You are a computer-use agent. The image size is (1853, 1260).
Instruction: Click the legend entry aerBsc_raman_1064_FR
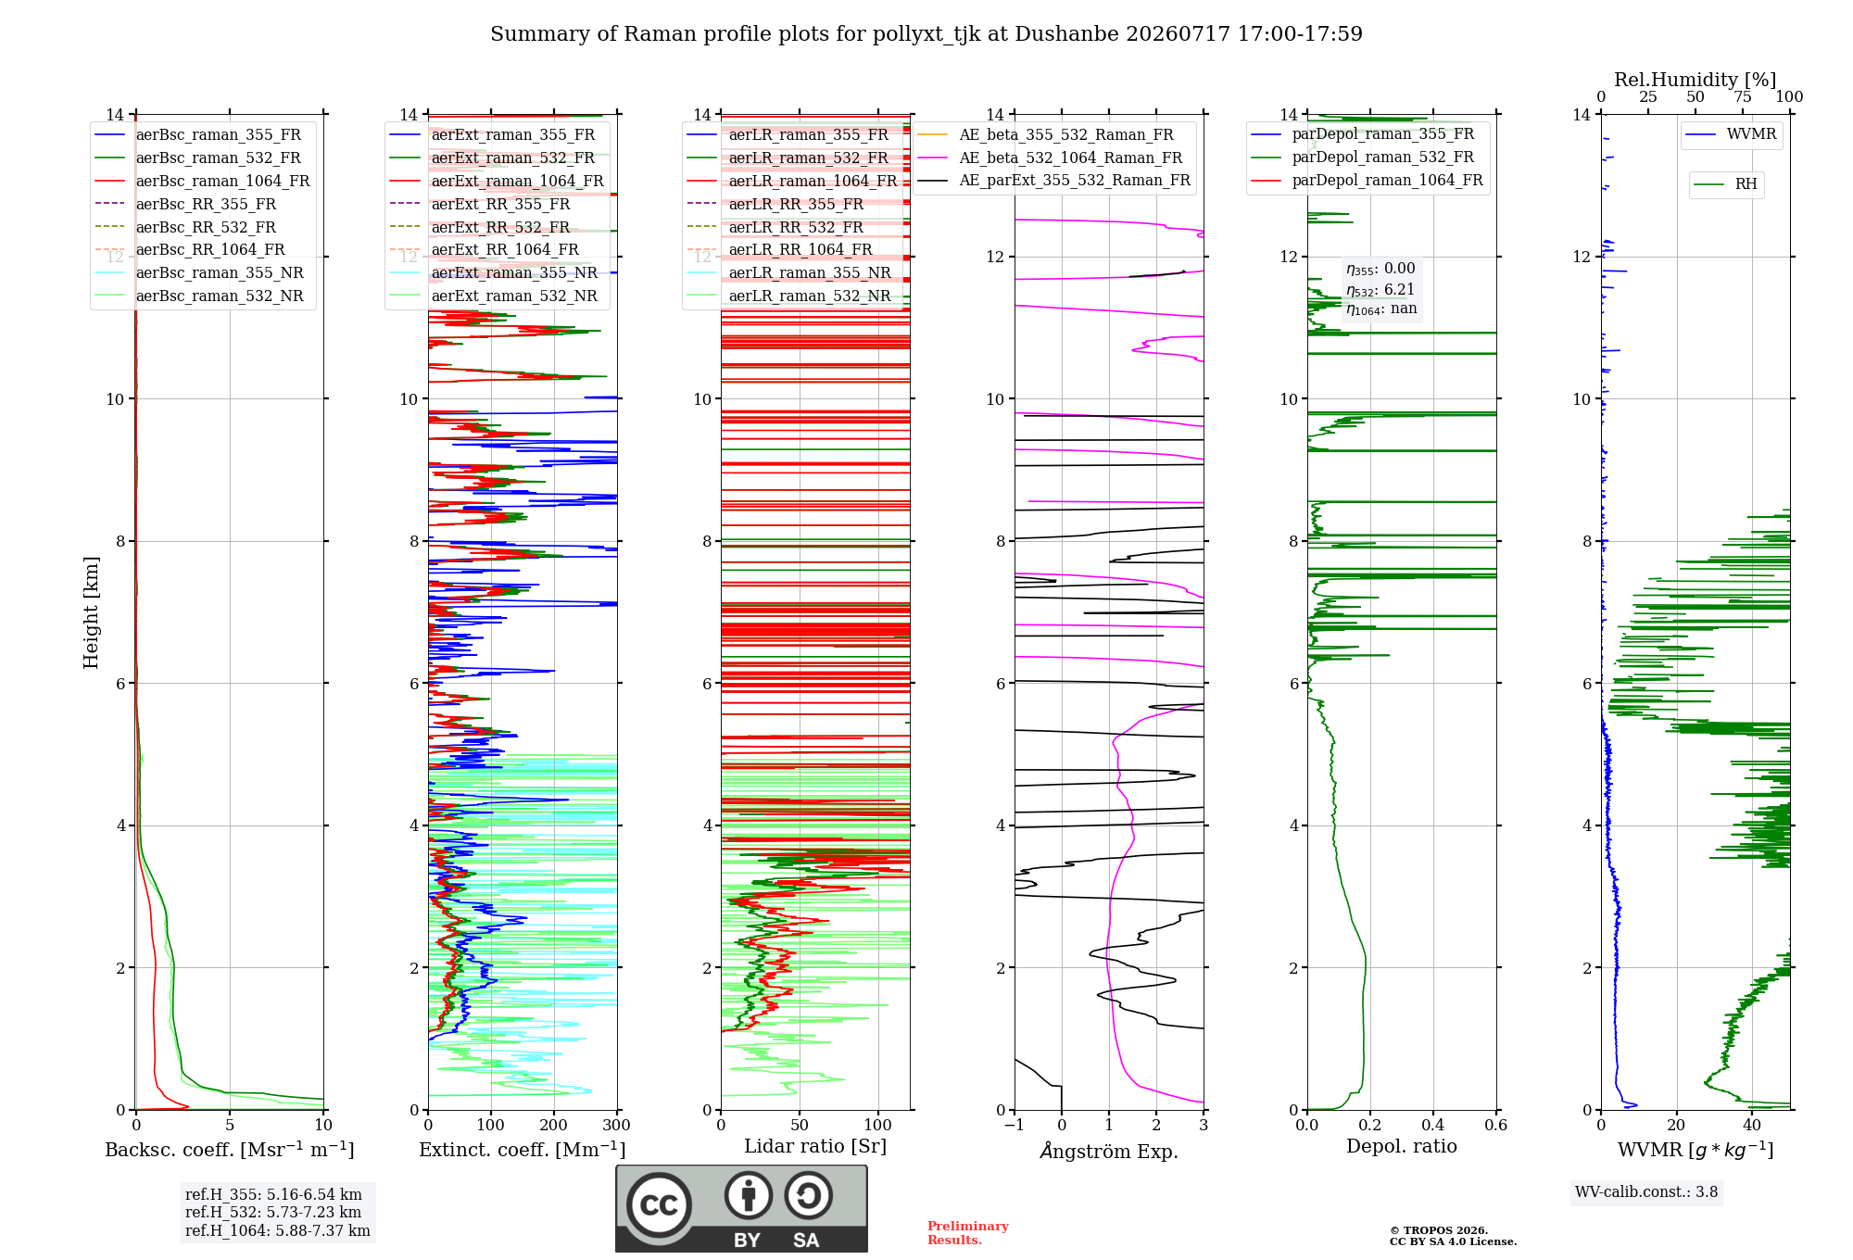point(202,181)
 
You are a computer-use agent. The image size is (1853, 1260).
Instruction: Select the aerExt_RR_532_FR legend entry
point(480,227)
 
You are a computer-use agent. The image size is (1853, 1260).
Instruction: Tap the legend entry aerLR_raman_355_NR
point(788,272)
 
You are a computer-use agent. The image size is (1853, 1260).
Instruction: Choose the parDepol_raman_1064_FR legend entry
point(1367,180)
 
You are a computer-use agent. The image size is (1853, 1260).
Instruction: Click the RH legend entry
point(1725,184)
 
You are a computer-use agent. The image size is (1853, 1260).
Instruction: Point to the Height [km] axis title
point(91,612)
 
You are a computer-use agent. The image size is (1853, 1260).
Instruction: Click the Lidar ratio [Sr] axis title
point(815,1146)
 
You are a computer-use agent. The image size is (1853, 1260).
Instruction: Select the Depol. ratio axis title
point(1401,1146)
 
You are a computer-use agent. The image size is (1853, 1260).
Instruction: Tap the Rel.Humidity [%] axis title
point(1695,80)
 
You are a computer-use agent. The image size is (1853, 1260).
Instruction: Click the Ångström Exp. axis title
point(1109,1151)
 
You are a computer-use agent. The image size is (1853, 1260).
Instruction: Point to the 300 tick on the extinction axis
point(616,1125)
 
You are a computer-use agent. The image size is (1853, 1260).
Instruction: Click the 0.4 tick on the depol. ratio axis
point(1432,1125)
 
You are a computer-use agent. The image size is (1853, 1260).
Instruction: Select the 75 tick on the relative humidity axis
point(1742,97)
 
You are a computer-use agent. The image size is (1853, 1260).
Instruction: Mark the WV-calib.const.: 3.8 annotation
point(1646,1192)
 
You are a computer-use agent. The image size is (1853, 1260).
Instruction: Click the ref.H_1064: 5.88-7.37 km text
point(278,1230)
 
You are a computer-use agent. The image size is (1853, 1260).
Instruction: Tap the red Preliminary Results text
point(968,1233)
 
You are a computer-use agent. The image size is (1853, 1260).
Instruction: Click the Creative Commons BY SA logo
point(741,1208)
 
